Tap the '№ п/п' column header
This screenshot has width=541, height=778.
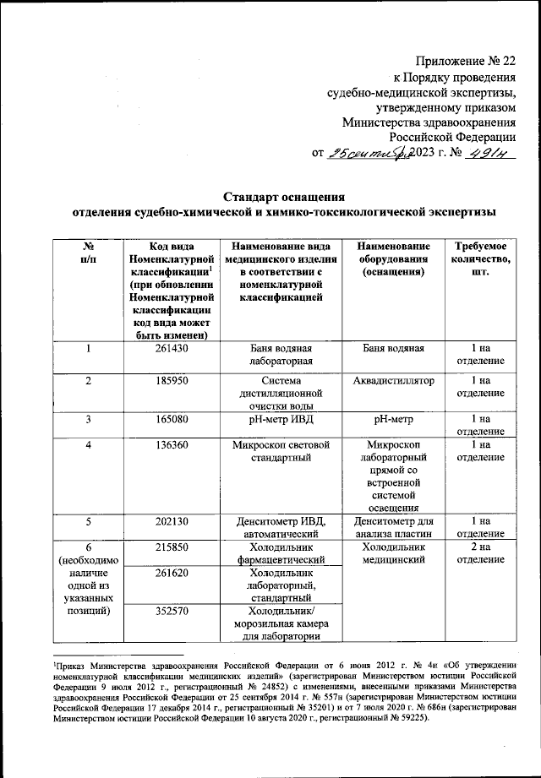88,253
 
